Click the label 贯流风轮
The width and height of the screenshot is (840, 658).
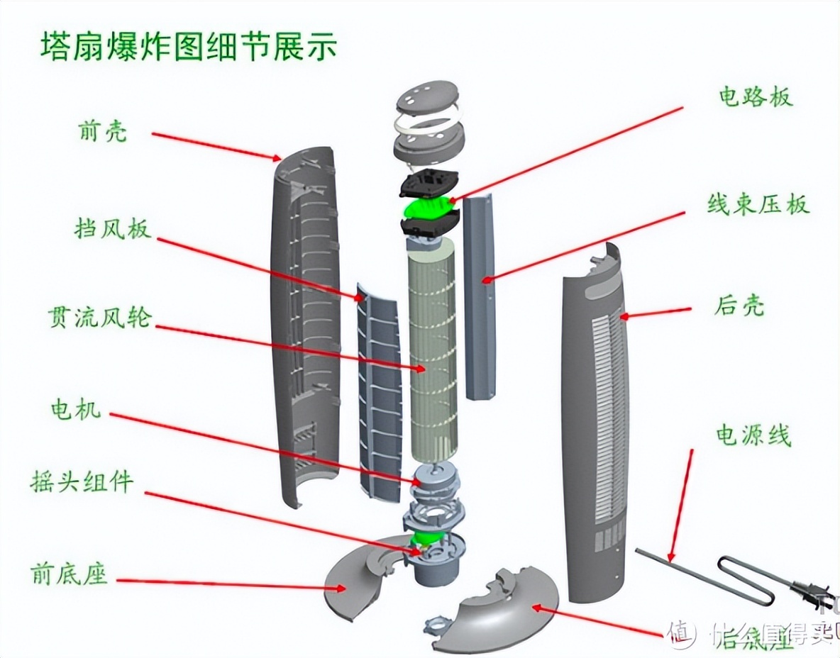[x=100, y=316]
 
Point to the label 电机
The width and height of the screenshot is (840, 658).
[x=75, y=409]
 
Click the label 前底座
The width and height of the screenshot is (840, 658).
[x=70, y=573]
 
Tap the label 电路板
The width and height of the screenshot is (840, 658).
[x=754, y=96]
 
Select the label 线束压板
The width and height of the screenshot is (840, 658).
[x=757, y=205]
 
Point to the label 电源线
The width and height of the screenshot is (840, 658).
[x=753, y=435]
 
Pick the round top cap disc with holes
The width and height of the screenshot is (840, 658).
[x=425, y=99]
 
